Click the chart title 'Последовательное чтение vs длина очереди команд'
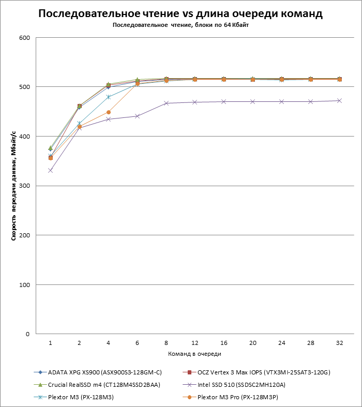pos(180,14)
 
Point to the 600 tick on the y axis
pos(24,38)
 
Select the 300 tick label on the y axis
pos(24,186)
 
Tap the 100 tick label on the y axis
pos(24,285)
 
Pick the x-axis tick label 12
pos(195,343)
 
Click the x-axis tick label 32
pos(339,343)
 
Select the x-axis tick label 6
pos(137,343)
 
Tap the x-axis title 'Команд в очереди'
pos(194,354)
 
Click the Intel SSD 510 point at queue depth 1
pos(50,170)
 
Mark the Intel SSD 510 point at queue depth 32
pos(339,100)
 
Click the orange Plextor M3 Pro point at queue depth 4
pos(108,112)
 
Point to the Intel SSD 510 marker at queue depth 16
pos(223,101)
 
